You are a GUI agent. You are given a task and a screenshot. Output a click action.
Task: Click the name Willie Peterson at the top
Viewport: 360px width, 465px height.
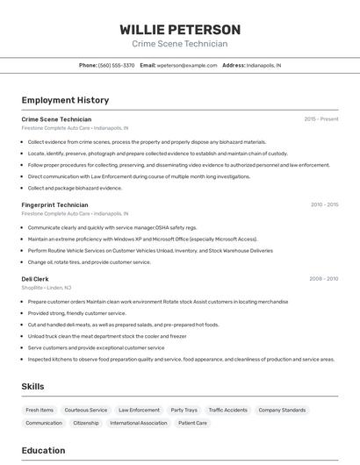click(180, 30)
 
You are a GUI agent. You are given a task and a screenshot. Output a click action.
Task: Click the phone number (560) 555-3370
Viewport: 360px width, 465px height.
click(117, 65)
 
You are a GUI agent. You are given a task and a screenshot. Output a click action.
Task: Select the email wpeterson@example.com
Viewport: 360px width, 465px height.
click(187, 65)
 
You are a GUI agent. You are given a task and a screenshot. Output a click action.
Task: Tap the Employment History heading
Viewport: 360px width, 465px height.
click(65, 100)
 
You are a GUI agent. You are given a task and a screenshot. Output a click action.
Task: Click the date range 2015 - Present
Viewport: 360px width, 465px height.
click(321, 118)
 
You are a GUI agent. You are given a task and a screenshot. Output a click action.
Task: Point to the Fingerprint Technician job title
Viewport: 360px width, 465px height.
click(54, 204)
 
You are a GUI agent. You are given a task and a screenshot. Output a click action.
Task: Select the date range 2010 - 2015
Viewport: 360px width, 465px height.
click(324, 204)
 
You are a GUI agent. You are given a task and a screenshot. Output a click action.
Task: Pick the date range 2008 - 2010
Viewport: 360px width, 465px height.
click(324, 279)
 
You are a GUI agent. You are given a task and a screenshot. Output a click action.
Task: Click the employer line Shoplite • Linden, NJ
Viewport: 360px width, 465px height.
click(47, 288)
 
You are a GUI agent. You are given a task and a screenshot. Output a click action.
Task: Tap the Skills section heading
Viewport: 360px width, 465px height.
click(32, 386)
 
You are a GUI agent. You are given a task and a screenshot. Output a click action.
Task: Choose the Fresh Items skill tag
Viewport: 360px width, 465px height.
click(40, 410)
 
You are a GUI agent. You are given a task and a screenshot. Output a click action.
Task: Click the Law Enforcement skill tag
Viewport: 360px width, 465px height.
click(139, 410)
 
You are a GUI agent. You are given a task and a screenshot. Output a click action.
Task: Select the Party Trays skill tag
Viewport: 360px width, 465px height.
click(184, 410)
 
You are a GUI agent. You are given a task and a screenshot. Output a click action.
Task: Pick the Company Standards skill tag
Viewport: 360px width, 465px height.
click(282, 410)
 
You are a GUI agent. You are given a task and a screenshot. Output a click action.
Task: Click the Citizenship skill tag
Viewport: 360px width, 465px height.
click(86, 423)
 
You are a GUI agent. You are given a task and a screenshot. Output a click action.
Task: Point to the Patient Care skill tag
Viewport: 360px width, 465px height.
click(192, 423)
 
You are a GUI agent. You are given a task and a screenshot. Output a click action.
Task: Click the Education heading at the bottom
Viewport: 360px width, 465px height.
click(43, 450)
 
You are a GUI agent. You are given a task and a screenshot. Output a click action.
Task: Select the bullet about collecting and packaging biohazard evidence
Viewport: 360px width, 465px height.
click(75, 188)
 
